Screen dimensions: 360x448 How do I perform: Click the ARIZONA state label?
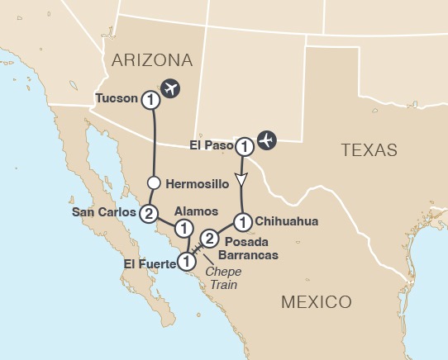(x=152, y=59)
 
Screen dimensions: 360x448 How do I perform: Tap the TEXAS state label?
(x=369, y=150)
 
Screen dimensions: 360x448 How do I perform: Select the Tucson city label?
(x=116, y=99)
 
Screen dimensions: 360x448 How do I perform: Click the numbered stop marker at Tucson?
(x=150, y=99)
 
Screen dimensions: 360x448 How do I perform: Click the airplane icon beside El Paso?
(x=266, y=140)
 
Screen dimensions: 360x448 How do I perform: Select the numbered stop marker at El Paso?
(x=244, y=147)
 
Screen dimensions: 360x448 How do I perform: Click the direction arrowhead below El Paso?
(x=241, y=179)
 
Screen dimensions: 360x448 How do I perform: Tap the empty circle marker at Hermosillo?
(x=152, y=182)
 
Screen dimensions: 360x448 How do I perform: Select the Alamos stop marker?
(x=184, y=227)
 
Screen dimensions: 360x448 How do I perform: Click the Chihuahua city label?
(x=287, y=221)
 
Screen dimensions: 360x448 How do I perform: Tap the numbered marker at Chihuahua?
(x=242, y=221)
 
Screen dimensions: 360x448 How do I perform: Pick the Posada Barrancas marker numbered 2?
(x=210, y=239)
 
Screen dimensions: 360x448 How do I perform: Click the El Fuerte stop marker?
(x=187, y=261)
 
